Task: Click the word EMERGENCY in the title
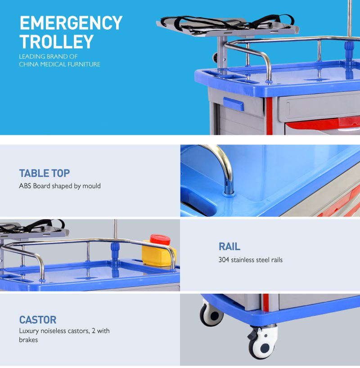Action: [71, 23]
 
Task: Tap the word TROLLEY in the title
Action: [57, 41]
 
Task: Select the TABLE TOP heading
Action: [45, 173]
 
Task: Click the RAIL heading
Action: [229, 247]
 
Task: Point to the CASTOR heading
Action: [38, 320]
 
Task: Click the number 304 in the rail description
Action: [224, 260]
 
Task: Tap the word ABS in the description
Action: [25, 186]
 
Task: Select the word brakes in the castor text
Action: [28, 340]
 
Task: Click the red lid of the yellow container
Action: [160, 239]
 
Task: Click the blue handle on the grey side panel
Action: [233, 104]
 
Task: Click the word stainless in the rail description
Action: [243, 260]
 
